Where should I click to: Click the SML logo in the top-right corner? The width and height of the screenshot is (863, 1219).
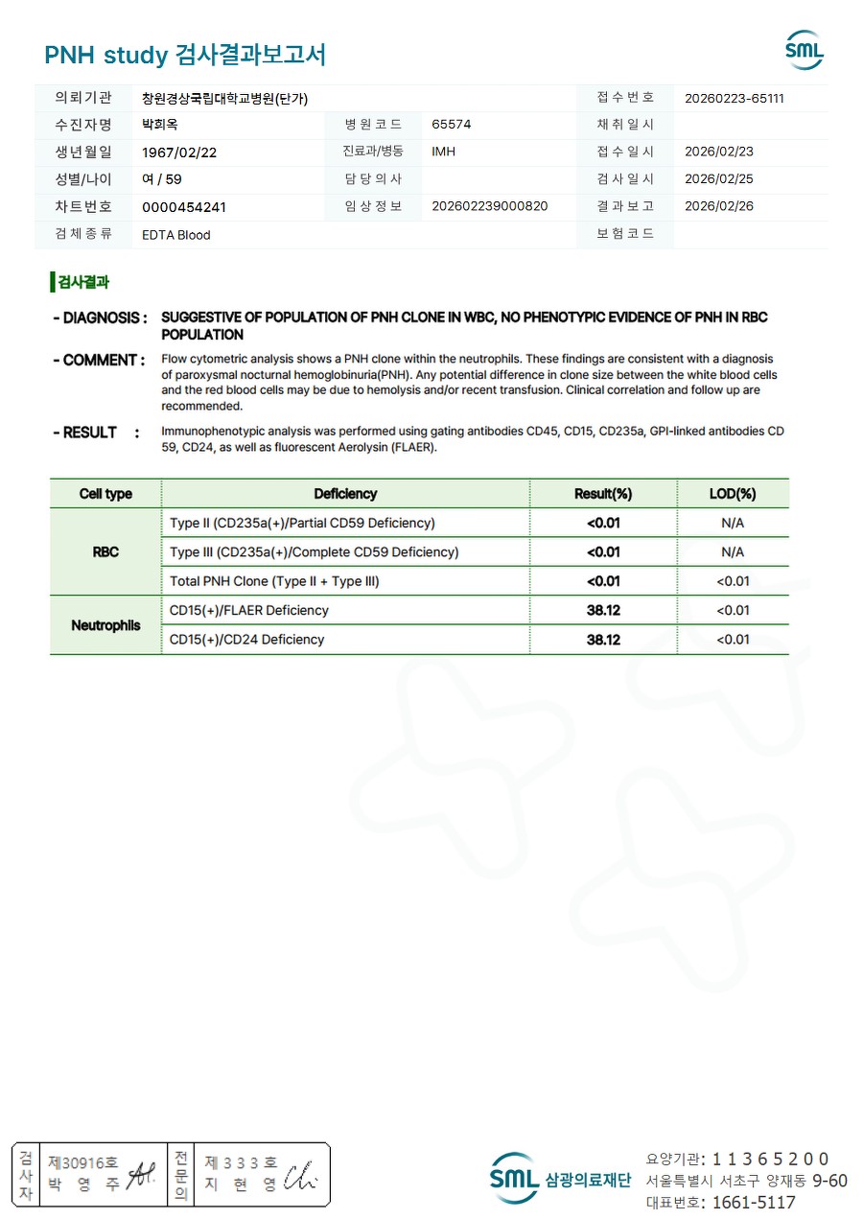coord(804,51)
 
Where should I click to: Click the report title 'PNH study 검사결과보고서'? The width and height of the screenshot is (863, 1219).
coord(185,55)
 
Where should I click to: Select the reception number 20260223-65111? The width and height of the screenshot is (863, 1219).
coord(735,98)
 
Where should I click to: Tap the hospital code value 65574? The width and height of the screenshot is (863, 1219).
coord(452,125)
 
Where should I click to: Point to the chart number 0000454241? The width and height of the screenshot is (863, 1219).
coord(184,207)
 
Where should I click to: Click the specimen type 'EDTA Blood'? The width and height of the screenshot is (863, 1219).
coord(176,235)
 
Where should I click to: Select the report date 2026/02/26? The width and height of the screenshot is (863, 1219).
coord(719,206)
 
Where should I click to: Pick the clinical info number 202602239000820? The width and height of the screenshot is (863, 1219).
coord(490,206)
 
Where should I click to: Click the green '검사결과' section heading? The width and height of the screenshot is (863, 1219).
coord(82,282)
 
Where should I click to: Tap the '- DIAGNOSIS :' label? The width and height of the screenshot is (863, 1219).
coord(100,317)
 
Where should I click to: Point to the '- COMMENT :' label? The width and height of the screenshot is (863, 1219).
coord(99,361)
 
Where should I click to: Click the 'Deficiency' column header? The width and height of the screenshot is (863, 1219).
coord(345,494)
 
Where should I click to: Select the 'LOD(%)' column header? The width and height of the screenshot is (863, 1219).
coord(733,494)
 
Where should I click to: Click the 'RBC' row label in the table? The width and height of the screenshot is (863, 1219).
coord(105,552)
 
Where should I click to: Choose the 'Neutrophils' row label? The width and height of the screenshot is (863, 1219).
coord(105,625)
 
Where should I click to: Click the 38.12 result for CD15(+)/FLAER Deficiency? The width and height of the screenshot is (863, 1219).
coord(603,610)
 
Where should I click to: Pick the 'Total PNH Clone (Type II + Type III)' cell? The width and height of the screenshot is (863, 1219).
coord(281,581)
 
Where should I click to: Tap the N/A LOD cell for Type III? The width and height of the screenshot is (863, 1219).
coord(733,552)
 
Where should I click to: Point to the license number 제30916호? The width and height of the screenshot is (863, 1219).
coord(83,1162)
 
